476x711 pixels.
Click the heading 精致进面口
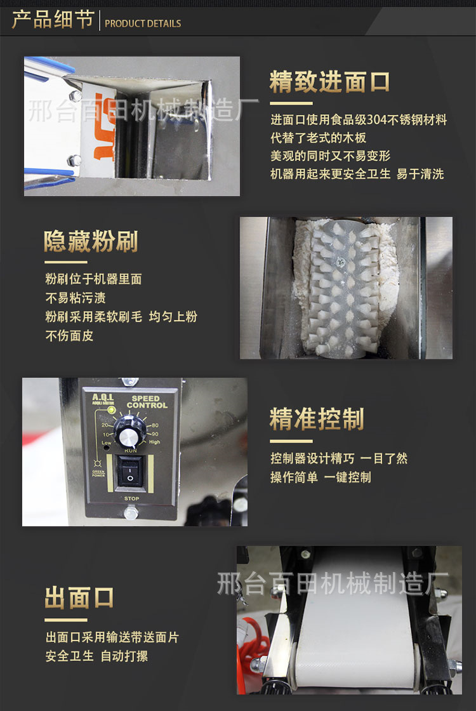[329, 83]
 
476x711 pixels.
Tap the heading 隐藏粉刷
[91, 242]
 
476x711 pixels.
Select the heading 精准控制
[317, 420]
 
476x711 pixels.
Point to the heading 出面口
[79, 598]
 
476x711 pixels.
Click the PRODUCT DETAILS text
[143, 23]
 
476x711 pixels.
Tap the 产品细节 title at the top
[53, 20]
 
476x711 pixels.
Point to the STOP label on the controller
[131, 499]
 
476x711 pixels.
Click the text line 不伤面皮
[69, 336]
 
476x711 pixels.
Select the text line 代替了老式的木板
[319, 138]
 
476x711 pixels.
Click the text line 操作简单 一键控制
[321, 477]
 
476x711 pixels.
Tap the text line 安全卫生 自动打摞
[96, 656]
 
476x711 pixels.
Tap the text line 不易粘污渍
[76, 298]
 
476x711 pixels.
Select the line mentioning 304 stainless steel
[359, 119]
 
